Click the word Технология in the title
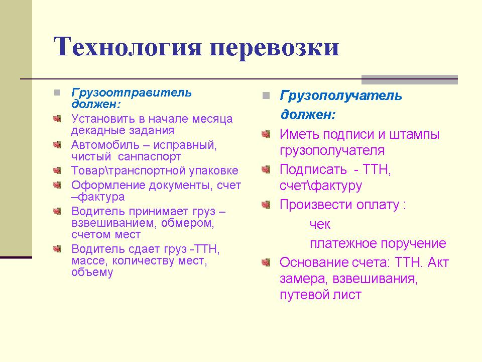point(128,46)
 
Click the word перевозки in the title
point(274,48)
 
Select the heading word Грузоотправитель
point(132,93)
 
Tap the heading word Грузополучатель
point(341,96)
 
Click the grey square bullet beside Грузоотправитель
point(57,93)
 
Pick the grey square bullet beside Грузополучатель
point(266,96)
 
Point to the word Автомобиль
point(105,145)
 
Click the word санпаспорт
point(150,157)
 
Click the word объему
point(92,272)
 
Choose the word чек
point(320,224)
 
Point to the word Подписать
point(313,169)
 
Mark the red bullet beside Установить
point(57,119)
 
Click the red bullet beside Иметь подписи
point(266,134)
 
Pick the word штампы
point(414,135)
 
